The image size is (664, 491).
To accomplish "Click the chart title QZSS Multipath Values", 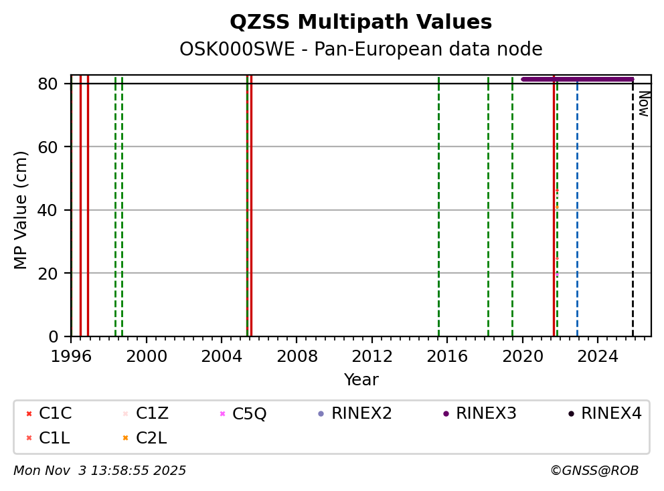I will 361,22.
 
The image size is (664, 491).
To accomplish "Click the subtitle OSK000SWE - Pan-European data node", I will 361,50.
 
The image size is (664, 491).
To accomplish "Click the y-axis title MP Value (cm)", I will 21,210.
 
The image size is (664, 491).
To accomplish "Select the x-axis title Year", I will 361,380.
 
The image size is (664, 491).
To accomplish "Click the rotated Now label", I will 643,104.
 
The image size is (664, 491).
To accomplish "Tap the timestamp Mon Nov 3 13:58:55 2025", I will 100,471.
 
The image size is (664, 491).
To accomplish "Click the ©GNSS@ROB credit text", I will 594,471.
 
